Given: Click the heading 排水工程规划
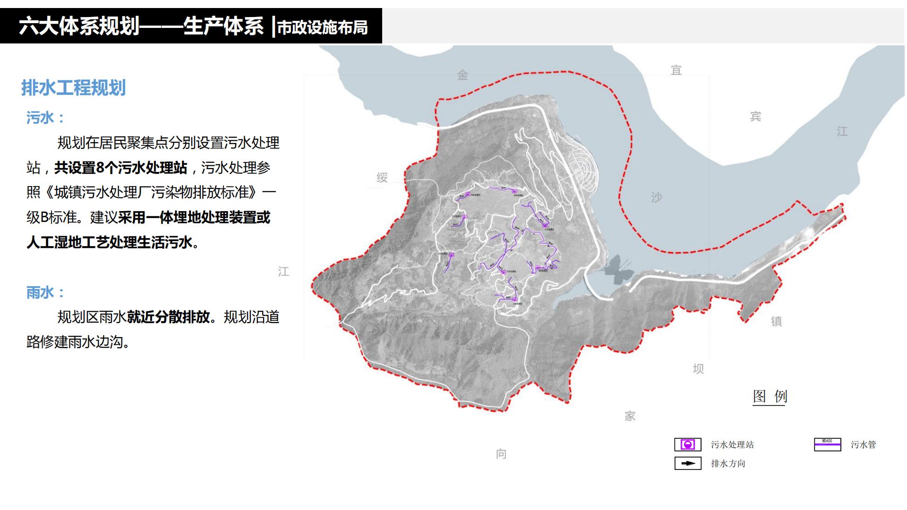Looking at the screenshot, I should [x=74, y=88].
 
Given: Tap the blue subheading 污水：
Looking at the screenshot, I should [x=45, y=118].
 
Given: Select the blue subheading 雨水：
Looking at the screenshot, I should [x=45, y=293].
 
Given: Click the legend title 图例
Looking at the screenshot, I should [x=770, y=396].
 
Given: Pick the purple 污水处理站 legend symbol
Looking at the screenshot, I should [x=687, y=445].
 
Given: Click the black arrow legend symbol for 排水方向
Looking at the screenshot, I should [x=687, y=463].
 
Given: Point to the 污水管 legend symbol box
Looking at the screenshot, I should [x=827, y=445].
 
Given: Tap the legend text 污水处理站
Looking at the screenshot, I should [x=732, y=445].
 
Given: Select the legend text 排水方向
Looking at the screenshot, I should [x=728, y=464].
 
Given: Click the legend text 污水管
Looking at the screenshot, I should [x=863, y=445].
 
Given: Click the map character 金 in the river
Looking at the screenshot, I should [x=462, y=75].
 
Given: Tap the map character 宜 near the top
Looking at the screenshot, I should [x=676, y=70].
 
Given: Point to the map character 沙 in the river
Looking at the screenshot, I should [x=656, y=197].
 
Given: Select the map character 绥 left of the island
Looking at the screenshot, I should [x=382, y=178].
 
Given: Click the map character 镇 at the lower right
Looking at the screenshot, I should [x=776, y=322].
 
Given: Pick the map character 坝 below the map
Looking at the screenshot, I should [x=698, y=369].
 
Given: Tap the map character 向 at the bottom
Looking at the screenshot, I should [x=501, y=454].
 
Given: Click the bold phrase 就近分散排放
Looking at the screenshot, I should [x=168, y=317].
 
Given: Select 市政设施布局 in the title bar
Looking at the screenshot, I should [x=322, y=28].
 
